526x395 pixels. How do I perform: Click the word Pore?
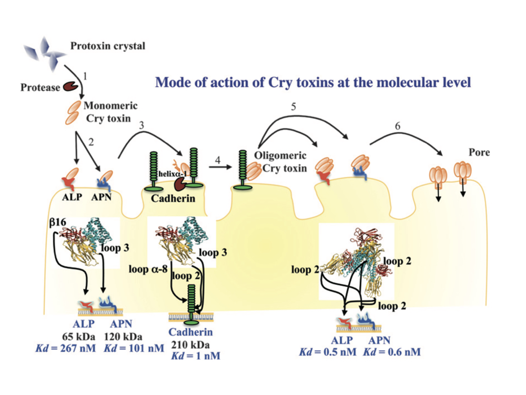pos(479,153)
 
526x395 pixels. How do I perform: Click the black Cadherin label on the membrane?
pos(169,199)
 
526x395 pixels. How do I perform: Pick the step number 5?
pos(294,107)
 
